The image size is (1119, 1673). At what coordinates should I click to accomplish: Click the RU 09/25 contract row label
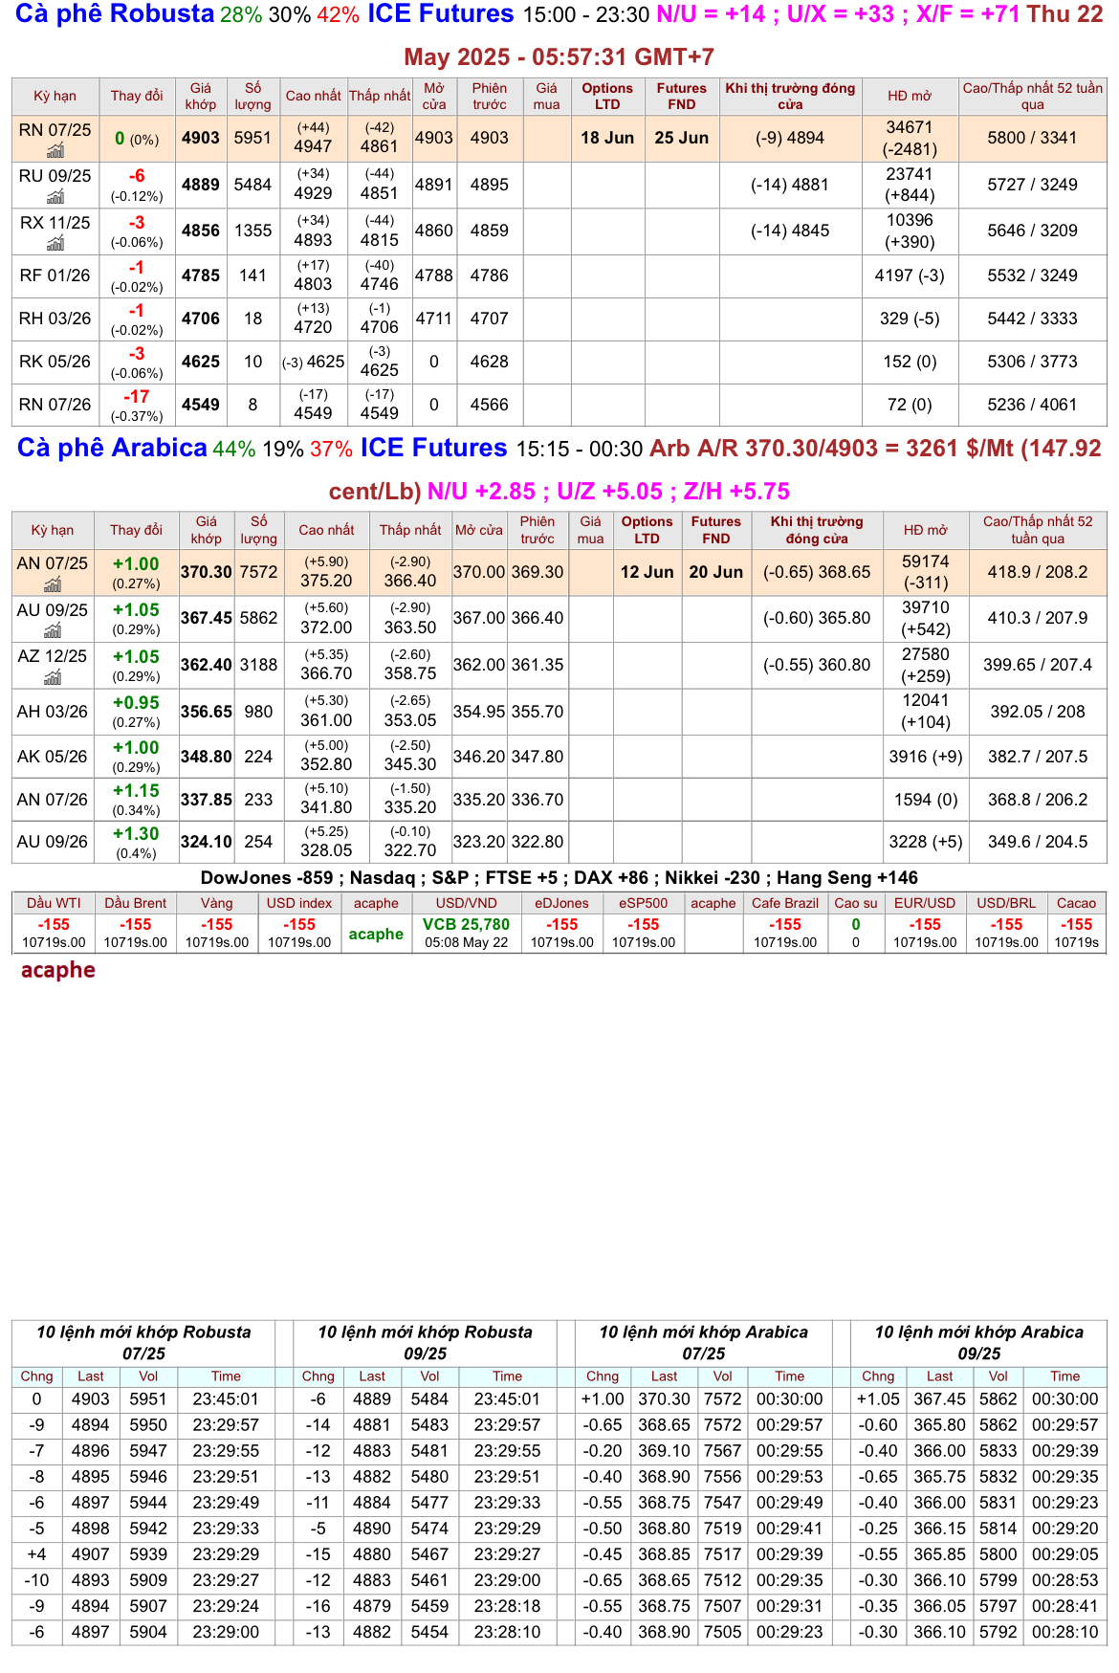tap(55, 176)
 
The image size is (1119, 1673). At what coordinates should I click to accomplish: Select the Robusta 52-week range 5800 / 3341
tap(1032, 138)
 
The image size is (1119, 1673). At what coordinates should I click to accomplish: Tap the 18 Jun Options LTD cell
tap(607, 138)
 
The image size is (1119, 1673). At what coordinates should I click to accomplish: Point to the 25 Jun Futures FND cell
tap(681, 138)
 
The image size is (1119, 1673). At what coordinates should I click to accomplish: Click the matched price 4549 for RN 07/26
tap(201, 405)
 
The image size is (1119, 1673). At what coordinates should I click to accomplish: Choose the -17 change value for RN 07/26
tap(137, 397)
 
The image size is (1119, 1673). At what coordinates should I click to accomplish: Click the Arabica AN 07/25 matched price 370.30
tap(207, 572)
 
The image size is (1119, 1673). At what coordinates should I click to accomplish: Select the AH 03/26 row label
tap(53, 712)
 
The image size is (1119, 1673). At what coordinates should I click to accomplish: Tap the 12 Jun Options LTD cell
tap(647, 572)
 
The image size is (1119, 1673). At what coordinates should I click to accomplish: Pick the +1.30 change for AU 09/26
tap(136, 834)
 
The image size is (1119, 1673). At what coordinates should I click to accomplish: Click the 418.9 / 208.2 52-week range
tap(1038, 572)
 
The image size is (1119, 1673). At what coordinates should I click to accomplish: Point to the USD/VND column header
tap(466, 903)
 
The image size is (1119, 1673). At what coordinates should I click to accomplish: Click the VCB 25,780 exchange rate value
tap(466, 924)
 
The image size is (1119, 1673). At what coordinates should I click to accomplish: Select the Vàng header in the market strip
tap(217, 903)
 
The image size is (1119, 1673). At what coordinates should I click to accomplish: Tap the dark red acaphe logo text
tap(58, 970)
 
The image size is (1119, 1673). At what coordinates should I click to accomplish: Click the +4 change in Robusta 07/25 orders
tap(36, 1554)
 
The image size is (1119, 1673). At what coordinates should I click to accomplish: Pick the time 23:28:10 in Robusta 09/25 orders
tap(507, 1632)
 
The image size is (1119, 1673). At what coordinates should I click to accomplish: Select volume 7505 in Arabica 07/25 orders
tap(722, 1632)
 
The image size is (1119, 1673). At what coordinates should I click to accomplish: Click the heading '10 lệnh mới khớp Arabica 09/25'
tap(978, 1342)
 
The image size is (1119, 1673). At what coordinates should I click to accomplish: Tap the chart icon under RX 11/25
tap(55, 243)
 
